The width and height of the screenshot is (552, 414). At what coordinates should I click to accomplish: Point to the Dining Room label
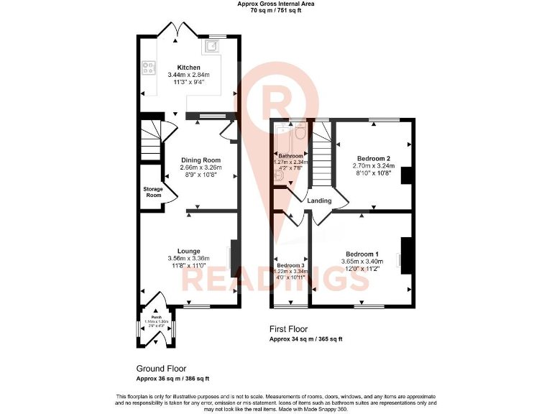(x=201, y=160)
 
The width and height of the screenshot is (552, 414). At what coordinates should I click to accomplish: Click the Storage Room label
(x=153, y=192)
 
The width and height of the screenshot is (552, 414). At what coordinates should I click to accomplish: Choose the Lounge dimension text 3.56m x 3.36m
(x=189, y=259)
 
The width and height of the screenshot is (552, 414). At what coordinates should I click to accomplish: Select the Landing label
(x=319, y=201)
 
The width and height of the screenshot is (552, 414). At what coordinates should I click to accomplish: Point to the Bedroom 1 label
(x=362, y=254)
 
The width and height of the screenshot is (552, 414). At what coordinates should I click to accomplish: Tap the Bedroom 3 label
(x=291, y=265)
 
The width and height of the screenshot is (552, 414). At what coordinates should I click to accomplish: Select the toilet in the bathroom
(x=300, y=132)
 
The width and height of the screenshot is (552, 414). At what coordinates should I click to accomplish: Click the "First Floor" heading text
(x=289, y=329)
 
